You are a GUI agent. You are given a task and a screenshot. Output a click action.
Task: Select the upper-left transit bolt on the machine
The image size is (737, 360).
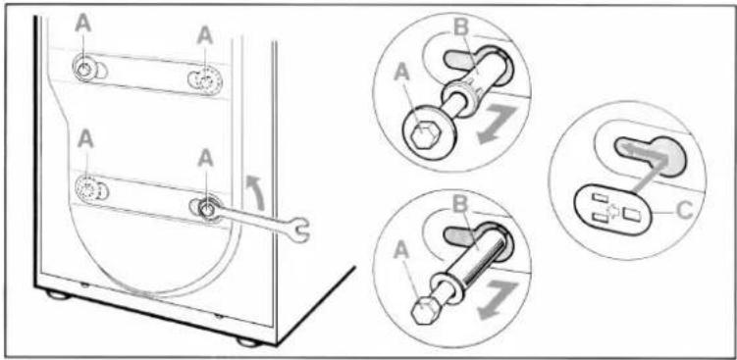83,69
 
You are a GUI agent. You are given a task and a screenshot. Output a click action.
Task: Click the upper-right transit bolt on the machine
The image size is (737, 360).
208,80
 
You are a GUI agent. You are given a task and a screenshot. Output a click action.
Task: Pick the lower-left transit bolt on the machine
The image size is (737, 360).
87,188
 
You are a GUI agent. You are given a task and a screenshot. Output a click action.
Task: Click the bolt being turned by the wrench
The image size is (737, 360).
207,209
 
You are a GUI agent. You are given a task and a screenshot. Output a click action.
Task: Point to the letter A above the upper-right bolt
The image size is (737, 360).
205,35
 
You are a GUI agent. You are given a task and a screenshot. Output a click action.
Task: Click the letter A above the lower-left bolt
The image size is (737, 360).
85,140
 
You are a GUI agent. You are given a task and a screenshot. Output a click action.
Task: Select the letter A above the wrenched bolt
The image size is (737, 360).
206,159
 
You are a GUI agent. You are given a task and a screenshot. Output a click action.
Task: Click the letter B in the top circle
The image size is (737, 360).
461,28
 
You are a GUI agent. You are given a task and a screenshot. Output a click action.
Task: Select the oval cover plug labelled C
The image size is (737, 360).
613,209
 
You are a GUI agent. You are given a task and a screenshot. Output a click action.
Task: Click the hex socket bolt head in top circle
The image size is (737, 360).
425,135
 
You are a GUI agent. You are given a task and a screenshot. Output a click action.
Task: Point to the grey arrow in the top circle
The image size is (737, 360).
497,125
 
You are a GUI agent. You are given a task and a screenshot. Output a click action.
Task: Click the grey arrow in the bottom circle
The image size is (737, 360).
498,300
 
